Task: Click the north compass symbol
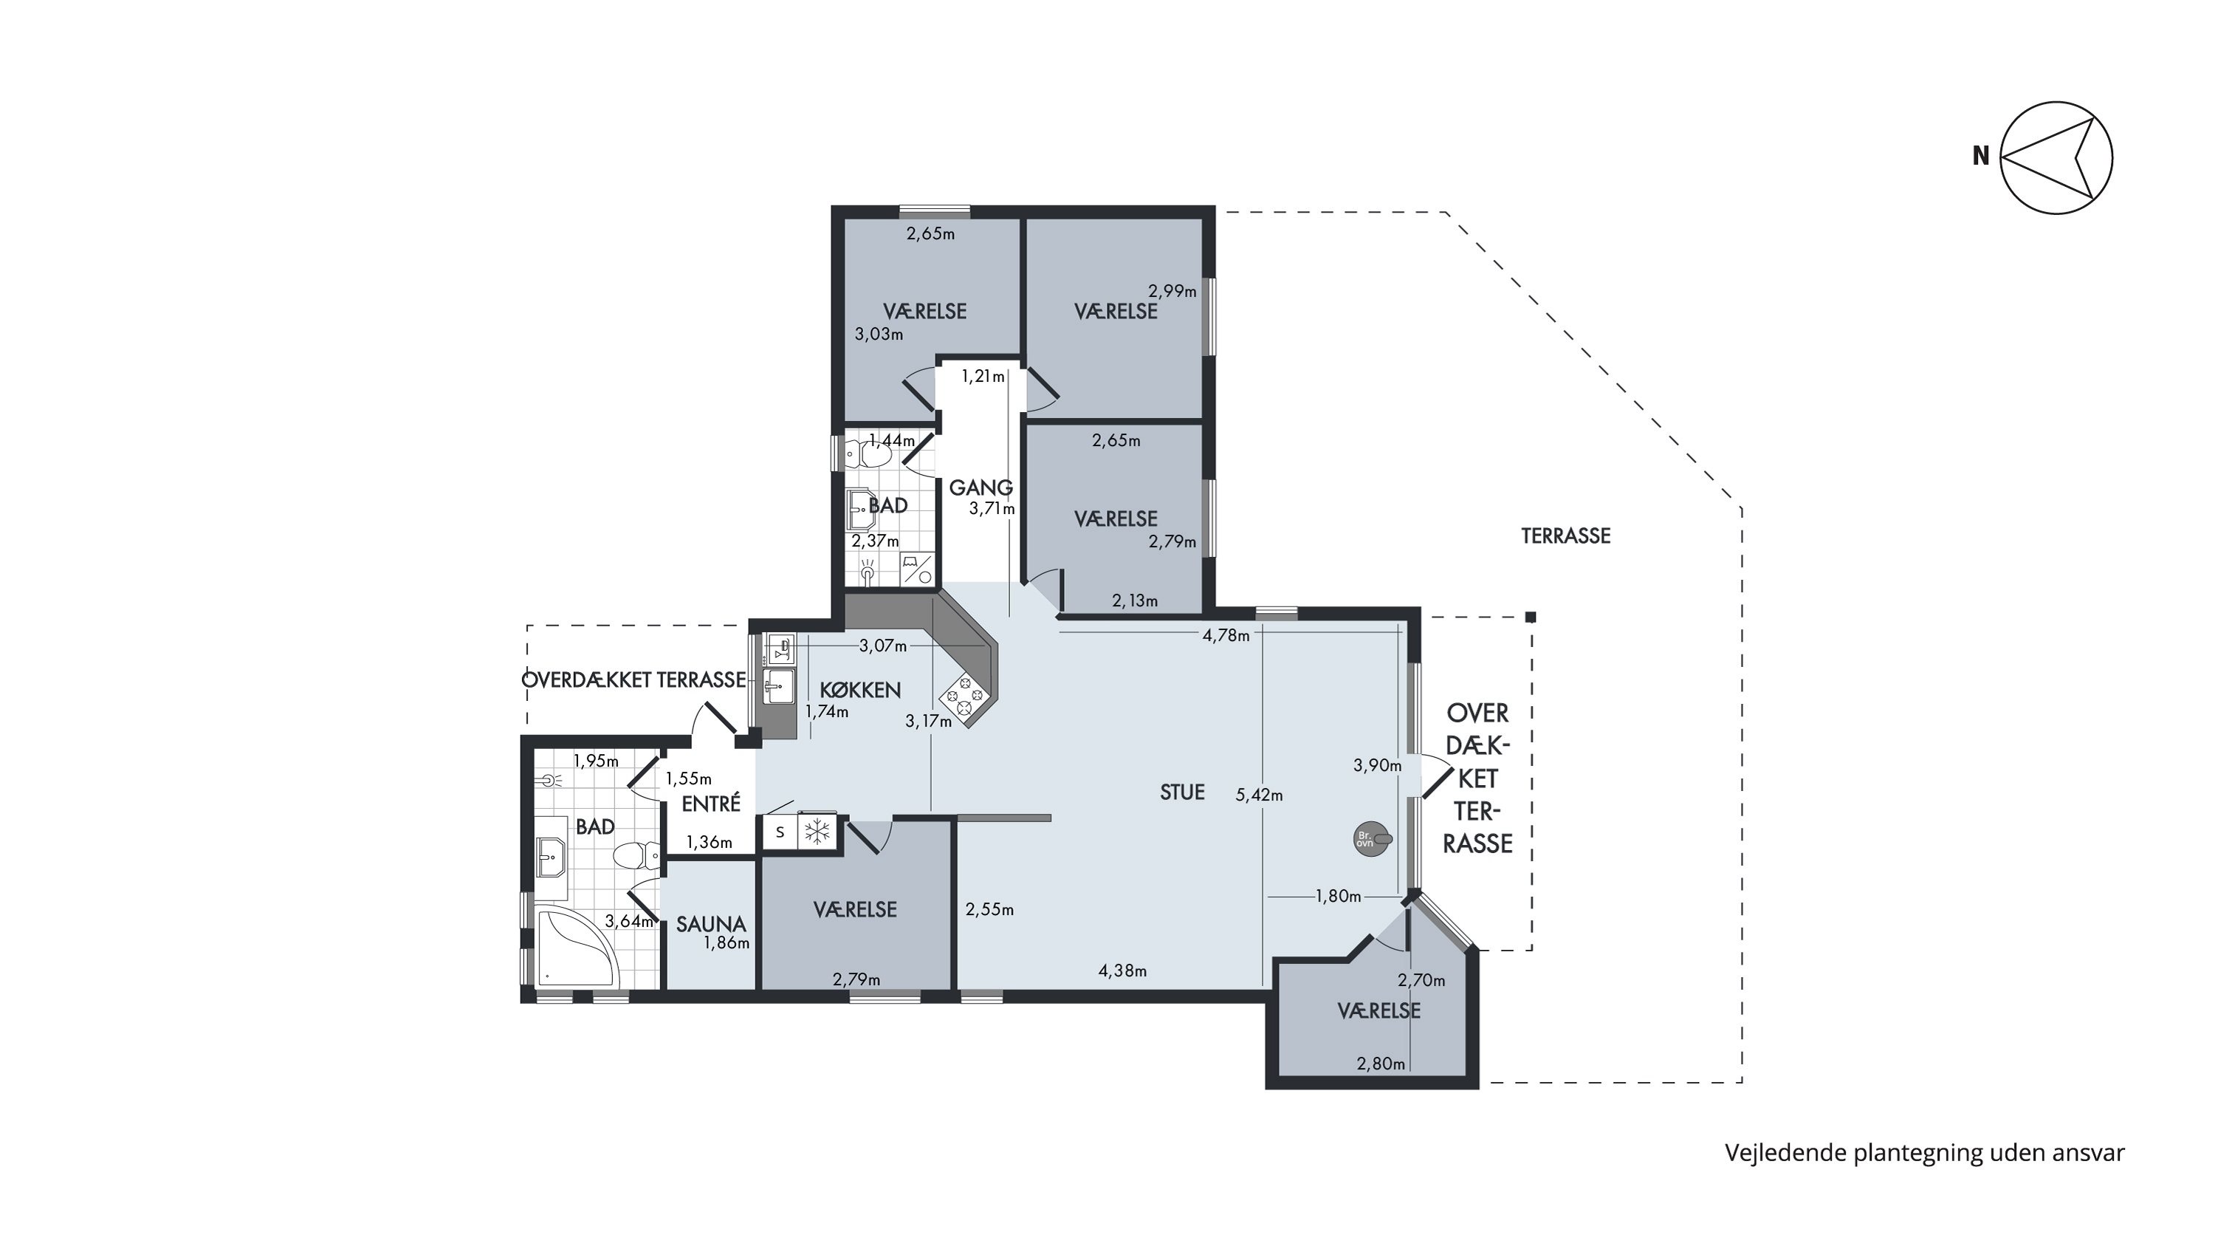tap(2056, 157)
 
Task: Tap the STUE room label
tap(1182, 792)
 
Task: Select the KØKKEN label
tap(860, 690)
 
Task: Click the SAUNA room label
tap(711, 925)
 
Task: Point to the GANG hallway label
tap(981, 487)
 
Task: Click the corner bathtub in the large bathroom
tap(574, 947)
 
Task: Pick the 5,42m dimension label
tap(1259, 795)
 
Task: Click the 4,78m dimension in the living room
tap(1226, 635)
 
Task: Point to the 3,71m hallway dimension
tap(992, 508)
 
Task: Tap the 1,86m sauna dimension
tap(727, 942)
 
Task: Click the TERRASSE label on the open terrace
tap(1566, 535)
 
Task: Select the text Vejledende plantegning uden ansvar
tap(1924, 1153)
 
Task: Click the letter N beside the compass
tap(1981, 156)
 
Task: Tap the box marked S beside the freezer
tap(780, 832)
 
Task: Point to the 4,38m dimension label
tap(1123, 971)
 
